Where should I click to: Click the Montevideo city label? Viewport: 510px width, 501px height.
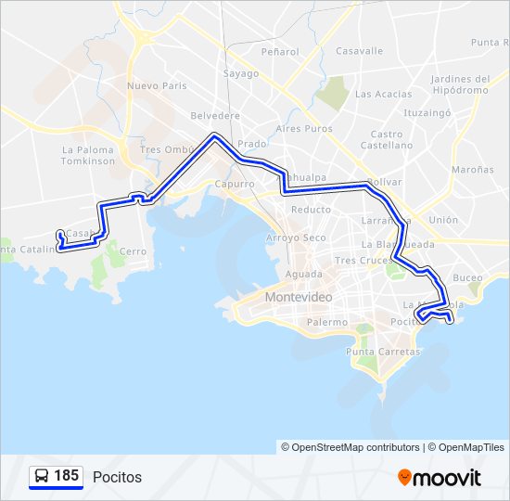(x=298, y=297)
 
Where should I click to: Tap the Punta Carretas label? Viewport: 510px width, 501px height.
(x=383, y=352)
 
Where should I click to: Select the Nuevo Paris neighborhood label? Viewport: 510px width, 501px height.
(x=158, y=86)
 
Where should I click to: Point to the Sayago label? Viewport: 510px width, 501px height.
(x=241, y=72)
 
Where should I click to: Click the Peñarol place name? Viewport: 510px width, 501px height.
(x=280, y=52)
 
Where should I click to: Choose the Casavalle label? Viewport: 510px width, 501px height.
(x=359, y=51)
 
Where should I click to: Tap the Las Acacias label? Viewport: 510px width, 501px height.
(x=383, y=94)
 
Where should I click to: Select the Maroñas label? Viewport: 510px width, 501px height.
(x=472, y=170)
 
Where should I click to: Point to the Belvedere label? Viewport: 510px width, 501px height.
(x=215, y=116)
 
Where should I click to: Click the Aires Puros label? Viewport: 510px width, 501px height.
(x=304, y=129)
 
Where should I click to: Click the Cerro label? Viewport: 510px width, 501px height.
(x=134, y=250)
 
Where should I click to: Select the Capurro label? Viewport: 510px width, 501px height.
(x=234, y=185)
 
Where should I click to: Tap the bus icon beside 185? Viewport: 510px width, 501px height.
(x=41, y=477)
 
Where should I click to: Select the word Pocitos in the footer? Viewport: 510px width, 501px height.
(x=117, y=477)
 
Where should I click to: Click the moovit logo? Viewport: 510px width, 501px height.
(x=439, y=478)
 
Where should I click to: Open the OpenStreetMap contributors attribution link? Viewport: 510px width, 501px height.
(x=356, y=447)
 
